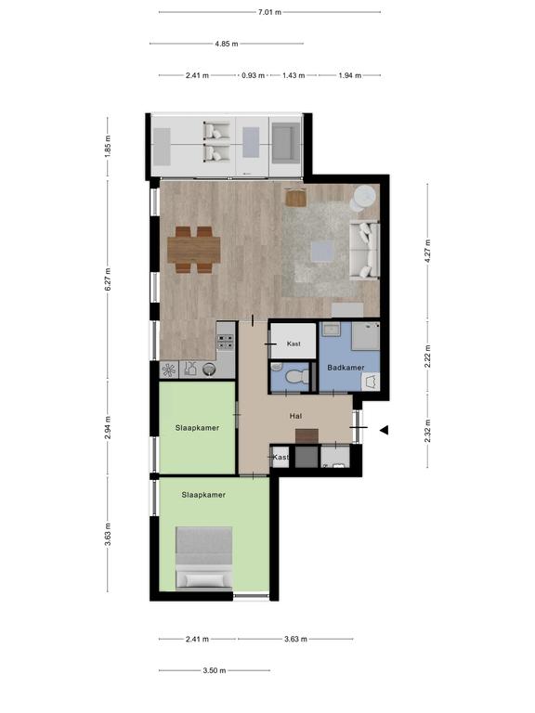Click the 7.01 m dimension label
pyautogui.click(x=269, y=12)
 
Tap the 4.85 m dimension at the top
pyautogui.click(x=227, y=45)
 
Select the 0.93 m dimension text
pyautogui.click(x=253, y=75)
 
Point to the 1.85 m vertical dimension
pyautogui.click(x=108, y=147)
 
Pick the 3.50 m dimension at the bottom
pyautogui.click(x=215, y=670)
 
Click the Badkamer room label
pyautogui.click(x=346, y=368)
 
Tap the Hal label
pyautogui.click(x=295, y=416)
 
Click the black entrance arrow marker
pyautogui.click(x=385, y=430)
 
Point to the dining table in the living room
pyautogui.click(x=194, y=250)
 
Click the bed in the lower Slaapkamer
pyautogui.click(x=204, y=559)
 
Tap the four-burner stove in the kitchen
pyautogui.click(x=225, y=342)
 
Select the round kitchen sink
pyautogui.click(x=209, y=369)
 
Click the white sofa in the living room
pyautogui.click(x=364, y=250)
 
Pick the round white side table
pyautogui.click(x=365, y=197)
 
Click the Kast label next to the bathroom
pyautogui.click(x=294, y=344)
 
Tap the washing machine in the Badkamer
pyautogui.click(x=371, y=382)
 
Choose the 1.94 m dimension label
pyautogui.click(x=350, y=75)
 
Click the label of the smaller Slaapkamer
pyautogui.click(x=197, y=428)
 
